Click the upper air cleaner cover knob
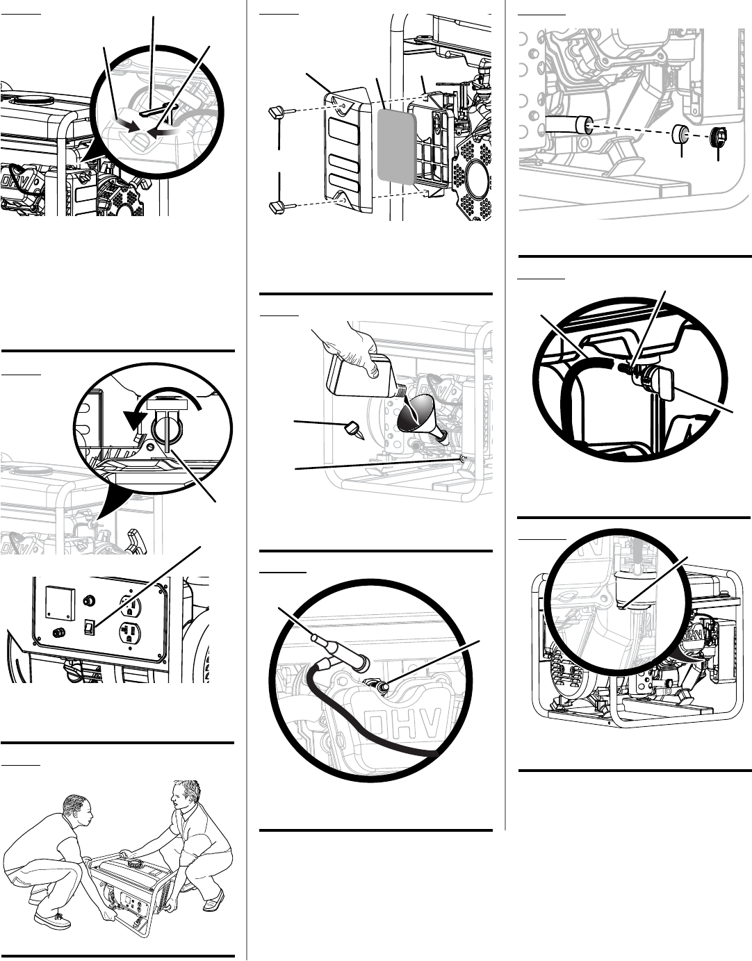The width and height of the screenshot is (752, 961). tap(275, 111)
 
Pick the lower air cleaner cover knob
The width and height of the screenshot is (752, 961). tap(275, 206)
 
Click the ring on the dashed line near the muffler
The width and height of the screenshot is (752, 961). tap(682, 134)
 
